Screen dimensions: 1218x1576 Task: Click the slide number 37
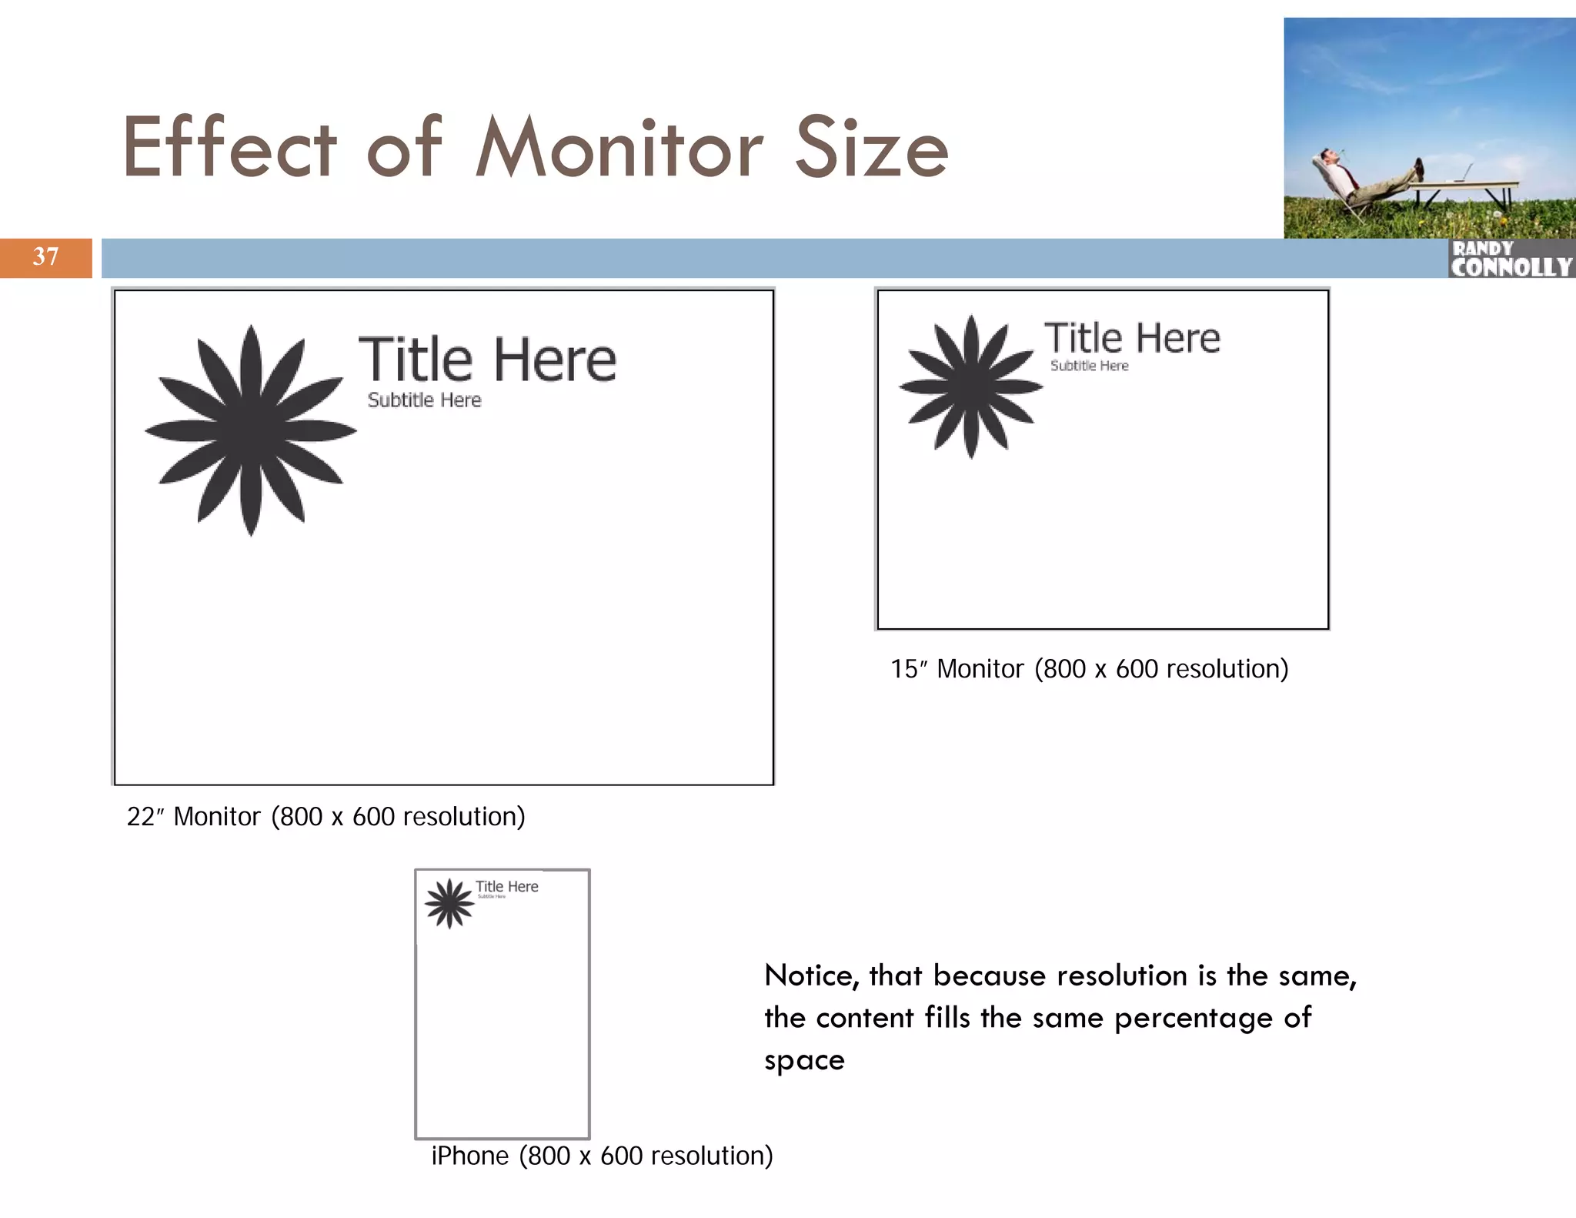(45, 256)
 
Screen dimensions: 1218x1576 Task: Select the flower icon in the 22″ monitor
(251, 430)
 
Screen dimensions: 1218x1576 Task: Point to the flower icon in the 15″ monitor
(971, 386)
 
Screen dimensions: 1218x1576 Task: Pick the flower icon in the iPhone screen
(449, 903)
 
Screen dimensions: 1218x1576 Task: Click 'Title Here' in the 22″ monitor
(487, 360)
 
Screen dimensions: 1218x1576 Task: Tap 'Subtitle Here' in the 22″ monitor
(424, 400)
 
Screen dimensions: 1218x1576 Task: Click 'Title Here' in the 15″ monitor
(1131, 338)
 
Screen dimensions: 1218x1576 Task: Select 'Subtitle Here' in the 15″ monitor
(1089, 366)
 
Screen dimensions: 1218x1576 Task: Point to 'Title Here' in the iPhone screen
(506, 886)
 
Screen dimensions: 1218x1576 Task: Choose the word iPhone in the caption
(469, 1156)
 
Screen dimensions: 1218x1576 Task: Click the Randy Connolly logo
(1511, 259)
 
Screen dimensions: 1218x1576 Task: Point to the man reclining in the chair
(1362, 181)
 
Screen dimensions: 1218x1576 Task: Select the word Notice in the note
(811, 976)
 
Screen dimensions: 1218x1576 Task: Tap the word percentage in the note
(1194, 1019)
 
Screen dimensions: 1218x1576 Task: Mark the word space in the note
(804, 1061)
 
